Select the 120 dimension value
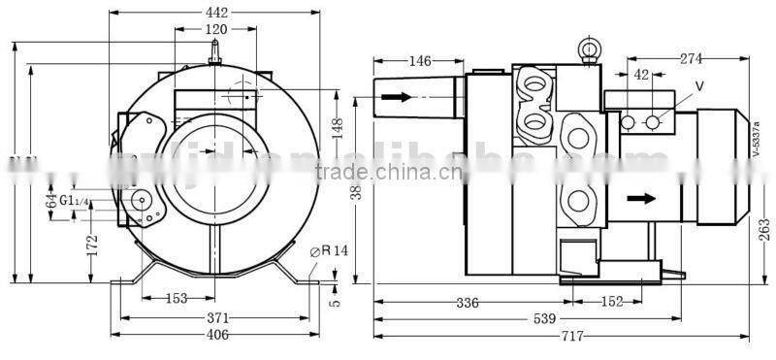[x=217, y=29]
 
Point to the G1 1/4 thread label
[x=74, y=200]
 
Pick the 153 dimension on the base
[x=176, y=299]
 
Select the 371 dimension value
[x=217, y=317]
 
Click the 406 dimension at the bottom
[x=217, y=335]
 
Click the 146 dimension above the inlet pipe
[x=419, y=61]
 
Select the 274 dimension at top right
[x=691, y=59]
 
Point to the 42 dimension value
[x=641, y=75]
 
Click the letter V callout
[x=699, y=86]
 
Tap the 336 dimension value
[x=468, y=302]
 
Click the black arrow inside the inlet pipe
[x=396, y=97]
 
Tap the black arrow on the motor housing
[x=639, y=199]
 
